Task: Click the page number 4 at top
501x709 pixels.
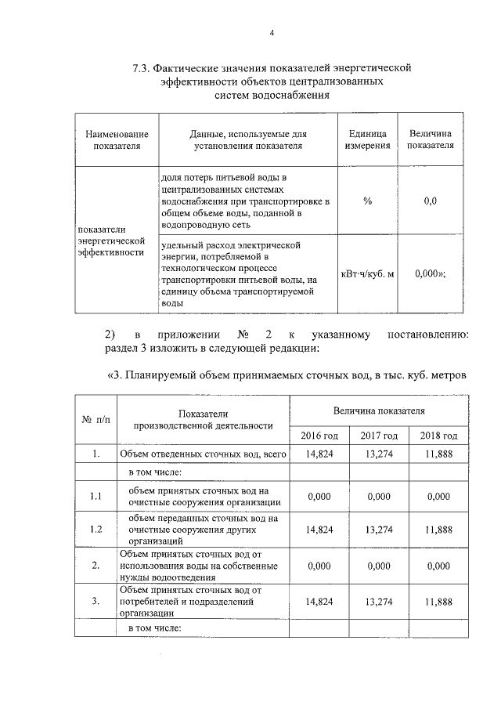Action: [x=272, y=32]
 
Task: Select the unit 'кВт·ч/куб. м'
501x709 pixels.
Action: [x=368, y=273]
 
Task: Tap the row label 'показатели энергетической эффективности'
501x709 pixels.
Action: [x=110, y=241]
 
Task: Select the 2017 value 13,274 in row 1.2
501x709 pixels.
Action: [x=379, y=529]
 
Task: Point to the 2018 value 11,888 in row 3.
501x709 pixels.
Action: [x=438, y=602]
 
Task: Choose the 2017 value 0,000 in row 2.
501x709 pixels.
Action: [x=379, y=566]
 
